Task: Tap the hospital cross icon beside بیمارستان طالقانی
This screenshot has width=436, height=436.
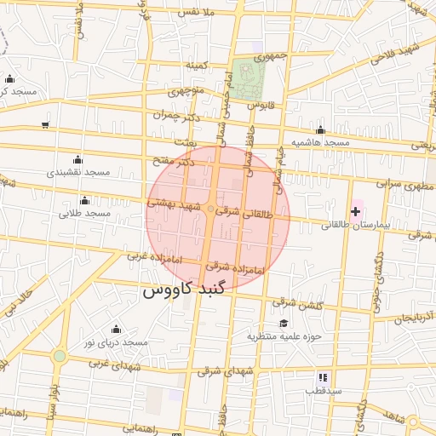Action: (355, 210)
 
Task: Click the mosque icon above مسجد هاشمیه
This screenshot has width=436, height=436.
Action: (320, 130)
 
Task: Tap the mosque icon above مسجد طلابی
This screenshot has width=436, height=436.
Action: (84, 200)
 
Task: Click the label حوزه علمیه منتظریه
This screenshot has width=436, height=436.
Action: (284, 336)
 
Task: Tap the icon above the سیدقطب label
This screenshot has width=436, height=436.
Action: (323, 376)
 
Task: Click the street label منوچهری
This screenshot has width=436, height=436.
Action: (186, 90)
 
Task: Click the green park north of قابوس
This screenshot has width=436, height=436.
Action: (248, 79)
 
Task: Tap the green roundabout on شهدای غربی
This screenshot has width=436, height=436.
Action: (59, 357)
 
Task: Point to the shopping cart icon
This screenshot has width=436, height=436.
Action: (44, 124)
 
